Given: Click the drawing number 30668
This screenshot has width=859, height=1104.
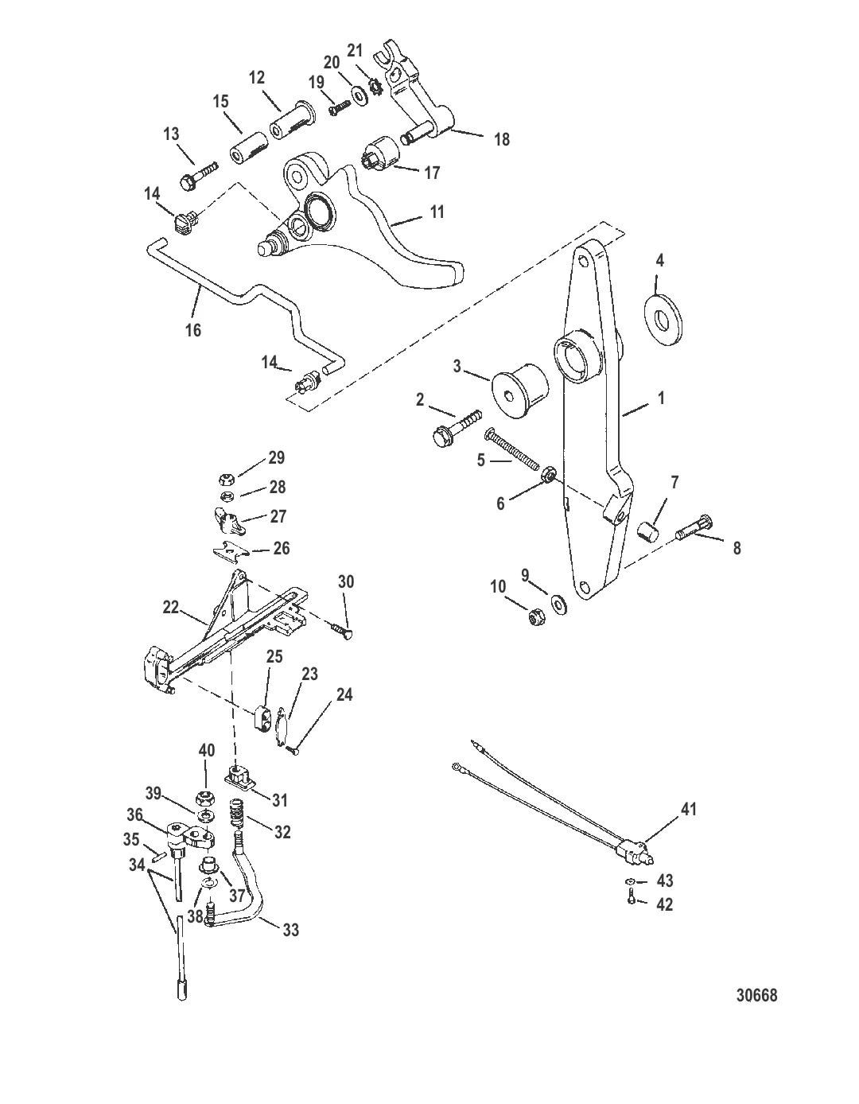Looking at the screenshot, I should tap(756, 995).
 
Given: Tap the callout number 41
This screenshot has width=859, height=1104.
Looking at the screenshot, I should tap(689, 809).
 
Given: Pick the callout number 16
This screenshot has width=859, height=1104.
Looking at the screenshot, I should tap(193, 329).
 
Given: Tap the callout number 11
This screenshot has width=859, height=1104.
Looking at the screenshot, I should tap(437, 212).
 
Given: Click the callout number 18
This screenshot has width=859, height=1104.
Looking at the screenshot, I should tap(501, 139).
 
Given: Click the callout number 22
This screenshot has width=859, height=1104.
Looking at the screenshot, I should tap(170, 606).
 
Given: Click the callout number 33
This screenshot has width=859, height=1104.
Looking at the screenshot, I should tap(291, 929).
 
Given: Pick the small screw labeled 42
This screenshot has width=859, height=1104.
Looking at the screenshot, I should tap(631, 900).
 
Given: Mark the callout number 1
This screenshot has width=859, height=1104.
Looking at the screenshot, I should tap(660, 398).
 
